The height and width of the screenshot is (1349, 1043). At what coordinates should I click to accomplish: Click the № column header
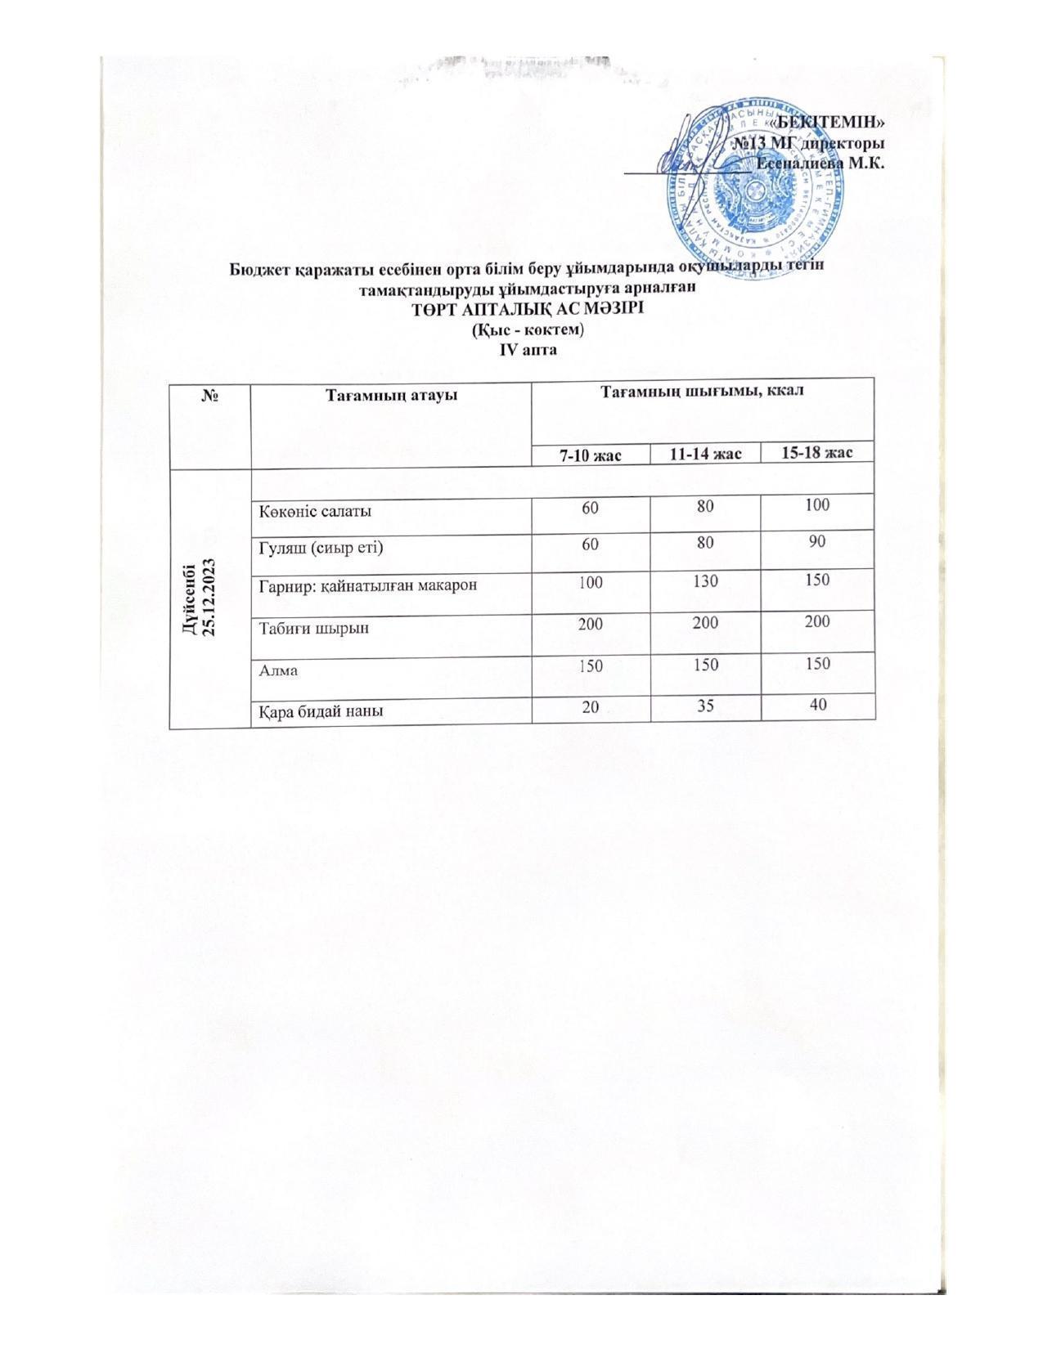pos(209,396)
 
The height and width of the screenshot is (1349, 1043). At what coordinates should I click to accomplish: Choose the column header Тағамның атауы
pos(391,396)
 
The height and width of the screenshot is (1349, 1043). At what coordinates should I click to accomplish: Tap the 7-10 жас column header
pos(590,455)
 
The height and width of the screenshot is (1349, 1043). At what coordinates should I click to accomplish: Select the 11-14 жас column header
pos(705,454)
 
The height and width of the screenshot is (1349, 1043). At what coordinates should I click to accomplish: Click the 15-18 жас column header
pos(817,453)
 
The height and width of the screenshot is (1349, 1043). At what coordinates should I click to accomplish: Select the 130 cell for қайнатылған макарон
pos(704,581)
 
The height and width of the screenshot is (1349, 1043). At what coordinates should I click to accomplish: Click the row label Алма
pos(278,670)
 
